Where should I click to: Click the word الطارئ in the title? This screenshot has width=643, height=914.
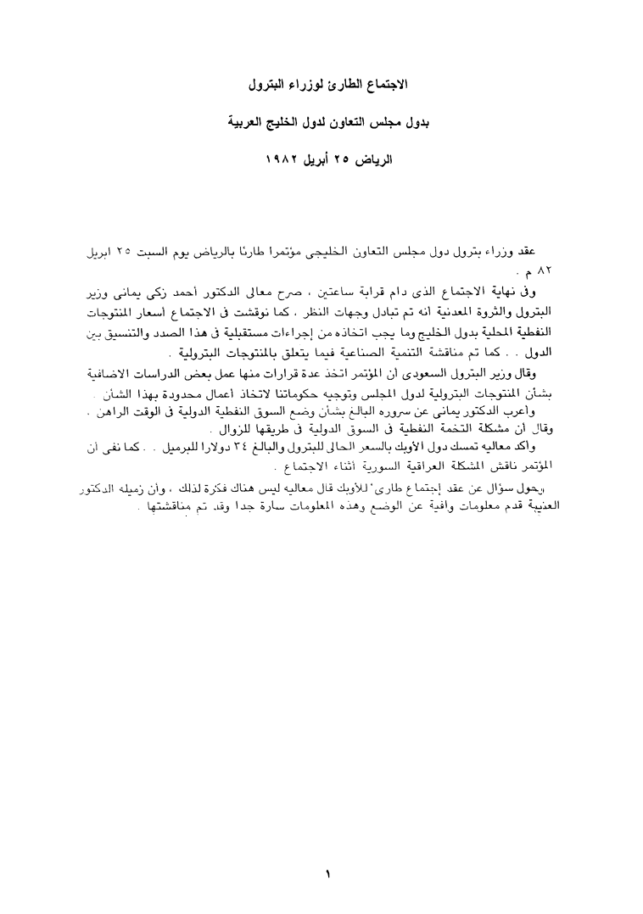point(341,86)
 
